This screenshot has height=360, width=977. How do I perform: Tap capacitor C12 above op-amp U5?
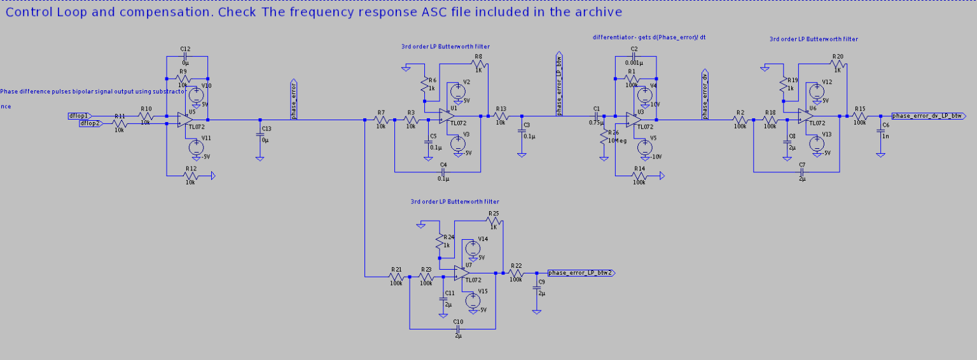pos(186,57)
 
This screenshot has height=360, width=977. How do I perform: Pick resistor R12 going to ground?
pos(190,175)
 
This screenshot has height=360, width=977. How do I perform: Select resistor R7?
pos(381,120)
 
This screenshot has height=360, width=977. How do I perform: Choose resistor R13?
pos(501,116)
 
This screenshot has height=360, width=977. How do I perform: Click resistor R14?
pos(639,175)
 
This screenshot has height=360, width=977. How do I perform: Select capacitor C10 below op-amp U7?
pos(457,328)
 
